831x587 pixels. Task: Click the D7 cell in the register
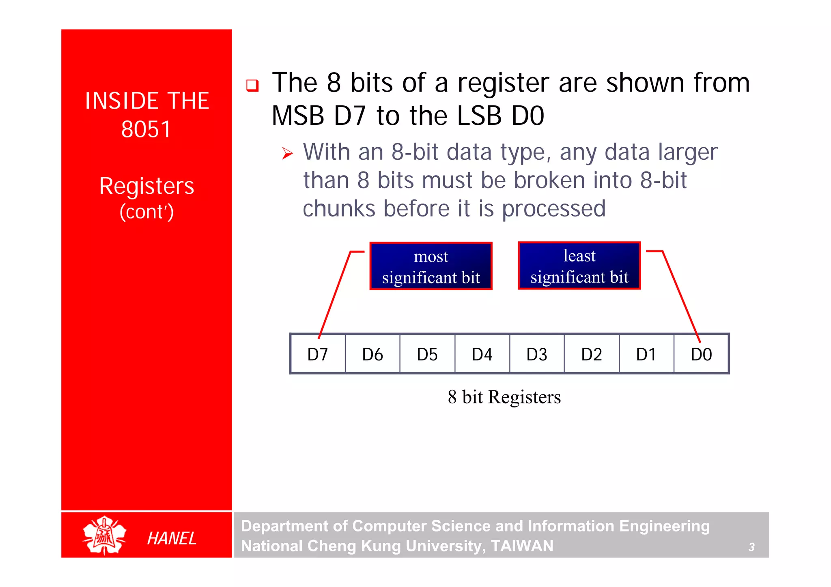(x=318, y=354)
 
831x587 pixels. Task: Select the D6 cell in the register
(x=372, y=354)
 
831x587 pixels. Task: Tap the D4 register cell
(x=482, y=354)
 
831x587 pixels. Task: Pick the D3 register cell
(x=537, y=354)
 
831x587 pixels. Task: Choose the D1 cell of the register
(x=646, y=354)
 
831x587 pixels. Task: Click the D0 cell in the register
(x=701, y=354)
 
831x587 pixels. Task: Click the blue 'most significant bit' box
(x=431, y=266)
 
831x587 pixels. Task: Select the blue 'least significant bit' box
(x=579, y=266)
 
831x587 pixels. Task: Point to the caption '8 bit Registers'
(x=504, y=397)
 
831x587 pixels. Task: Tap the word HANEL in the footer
(x=172, y=538)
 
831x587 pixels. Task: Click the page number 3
(x=751, y=547)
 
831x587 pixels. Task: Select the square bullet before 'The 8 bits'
(x=252, y=85)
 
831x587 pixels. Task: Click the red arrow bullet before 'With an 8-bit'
(x=287, y=154)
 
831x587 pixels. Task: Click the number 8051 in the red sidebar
(x=146, y=130)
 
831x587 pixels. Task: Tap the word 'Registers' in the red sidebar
(x=146, y=186)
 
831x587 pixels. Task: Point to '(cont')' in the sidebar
(x=146, y=212)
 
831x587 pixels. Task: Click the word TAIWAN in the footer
(x=522, y=546)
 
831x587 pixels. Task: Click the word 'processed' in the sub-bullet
(x=553, y=209)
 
